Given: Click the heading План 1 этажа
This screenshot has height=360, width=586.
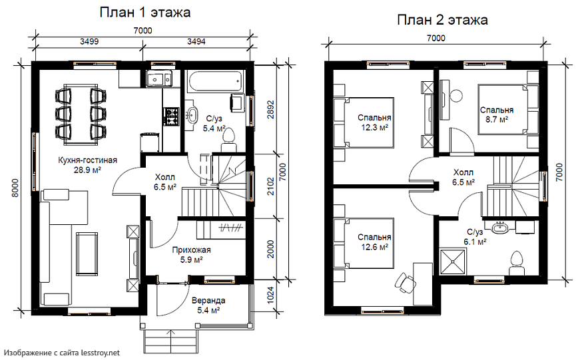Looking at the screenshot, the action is pyautogui.click(x=145, y=13).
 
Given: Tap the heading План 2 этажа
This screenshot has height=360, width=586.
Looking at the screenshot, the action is pyautogui.click(x=442, y=20).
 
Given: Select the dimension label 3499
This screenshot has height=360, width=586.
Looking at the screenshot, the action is pyautogui.click(x=89, y=41).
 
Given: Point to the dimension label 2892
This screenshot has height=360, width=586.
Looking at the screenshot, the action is pyautogui.click(x=270, y=109).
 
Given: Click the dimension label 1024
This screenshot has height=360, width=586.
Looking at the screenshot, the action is pyautogui.click(x=270, y=295).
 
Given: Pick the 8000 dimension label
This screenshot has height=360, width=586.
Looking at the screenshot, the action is pyautogui.click(x=15, y=188).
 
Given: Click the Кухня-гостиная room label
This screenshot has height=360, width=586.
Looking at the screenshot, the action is pyautogui.click(x=87, y=160).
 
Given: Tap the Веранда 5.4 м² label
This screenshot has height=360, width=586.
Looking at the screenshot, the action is pyautogui.click(x=208, y=305).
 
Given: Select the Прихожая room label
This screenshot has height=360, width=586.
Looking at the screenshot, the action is pyautogui.click(x=191, y=250).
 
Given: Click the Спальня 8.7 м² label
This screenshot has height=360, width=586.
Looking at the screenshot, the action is pyautogui.click(x=497, y=114).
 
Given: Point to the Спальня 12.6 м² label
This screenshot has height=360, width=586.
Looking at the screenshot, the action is pyautogui.click(x=374, y=242).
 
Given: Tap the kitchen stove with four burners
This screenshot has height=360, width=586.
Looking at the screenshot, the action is pyautogui.click(x=172, y=116).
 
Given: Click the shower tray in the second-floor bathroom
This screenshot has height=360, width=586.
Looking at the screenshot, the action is pyautogui.click(x=453, y=262).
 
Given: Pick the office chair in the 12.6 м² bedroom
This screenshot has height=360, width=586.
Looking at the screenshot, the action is pyautogui.click(x=405, y=283).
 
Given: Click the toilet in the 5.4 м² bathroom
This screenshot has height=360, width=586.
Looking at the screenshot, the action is pyautogui.click(x=228, y=140).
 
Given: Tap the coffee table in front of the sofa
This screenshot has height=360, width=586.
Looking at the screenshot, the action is pyautogui.click(x=87, y=252).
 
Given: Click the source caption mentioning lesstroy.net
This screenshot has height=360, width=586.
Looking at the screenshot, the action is pyautogui.click(x=62, y=353).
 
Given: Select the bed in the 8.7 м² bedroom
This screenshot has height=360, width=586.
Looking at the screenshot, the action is pyautogui.click(x=508, y=109).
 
